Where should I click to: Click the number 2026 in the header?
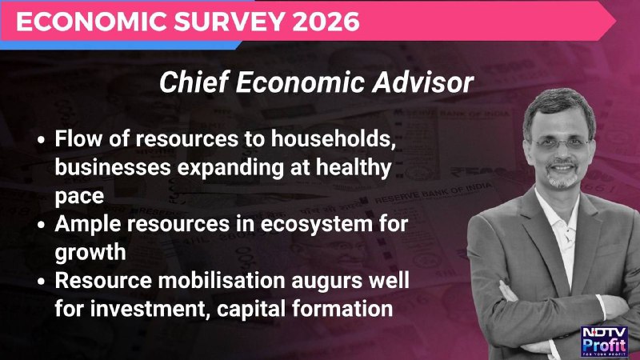pos(326,22)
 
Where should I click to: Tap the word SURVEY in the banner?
pos(228,22)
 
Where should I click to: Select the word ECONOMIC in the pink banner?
pos(92,22)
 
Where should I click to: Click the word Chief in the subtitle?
pos(194,82)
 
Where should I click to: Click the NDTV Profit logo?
pos(604,342)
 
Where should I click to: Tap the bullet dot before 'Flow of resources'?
pos(41,140)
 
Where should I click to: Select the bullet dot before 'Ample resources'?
pos(41,225)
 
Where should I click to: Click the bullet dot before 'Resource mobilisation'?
pos(41,282)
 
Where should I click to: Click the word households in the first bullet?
pos(334,138)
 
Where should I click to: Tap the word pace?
pos(79,196)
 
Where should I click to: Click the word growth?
pos(90,253)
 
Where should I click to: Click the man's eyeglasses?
pos(561,144)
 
